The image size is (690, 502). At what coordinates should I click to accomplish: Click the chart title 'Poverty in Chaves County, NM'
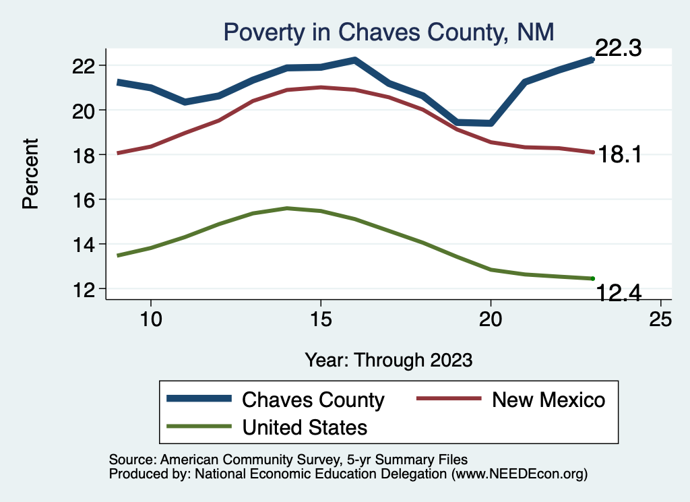click(388, 32)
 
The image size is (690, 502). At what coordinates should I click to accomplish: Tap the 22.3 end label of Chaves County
click(617, 49)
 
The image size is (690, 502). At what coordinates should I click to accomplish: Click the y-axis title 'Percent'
click(30, 173)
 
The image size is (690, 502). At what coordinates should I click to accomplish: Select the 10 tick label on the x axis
click(151, 319)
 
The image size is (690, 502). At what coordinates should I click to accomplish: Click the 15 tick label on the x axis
click(321, 319)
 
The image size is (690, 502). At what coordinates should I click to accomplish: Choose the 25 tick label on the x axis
click(660, 319)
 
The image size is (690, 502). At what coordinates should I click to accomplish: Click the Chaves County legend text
click(313, 400)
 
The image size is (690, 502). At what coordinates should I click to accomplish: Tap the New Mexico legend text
click(548, 400)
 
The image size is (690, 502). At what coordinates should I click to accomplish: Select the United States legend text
click(305, 427)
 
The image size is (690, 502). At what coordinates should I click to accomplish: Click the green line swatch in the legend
click(198, 427)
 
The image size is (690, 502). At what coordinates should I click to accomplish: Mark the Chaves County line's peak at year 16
click(354, 60)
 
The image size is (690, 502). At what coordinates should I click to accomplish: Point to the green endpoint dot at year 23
click(592, 278)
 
